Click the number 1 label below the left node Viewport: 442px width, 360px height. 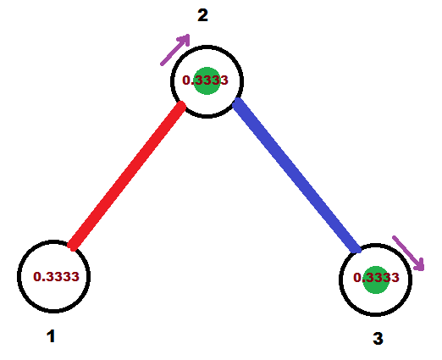tap(51, 336)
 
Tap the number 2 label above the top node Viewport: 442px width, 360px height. tap(203, 15)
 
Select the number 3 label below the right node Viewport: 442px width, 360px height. tap(378, 338)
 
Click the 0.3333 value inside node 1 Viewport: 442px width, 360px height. tap(56, 277)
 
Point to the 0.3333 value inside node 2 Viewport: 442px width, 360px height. tap(205, 80)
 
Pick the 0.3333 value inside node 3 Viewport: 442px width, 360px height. tap(376, 278)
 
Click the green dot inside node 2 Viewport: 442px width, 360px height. tap(207, 80)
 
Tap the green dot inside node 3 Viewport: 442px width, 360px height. tap(376, 280)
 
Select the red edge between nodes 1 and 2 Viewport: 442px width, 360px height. tap(127, 176)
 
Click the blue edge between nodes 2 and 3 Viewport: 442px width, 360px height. tap(297, 175)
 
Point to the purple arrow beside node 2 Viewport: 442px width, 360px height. tap(175, 50)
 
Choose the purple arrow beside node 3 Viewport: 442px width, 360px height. tap(408, 253)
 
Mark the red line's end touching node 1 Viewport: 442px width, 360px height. tap(72, 246)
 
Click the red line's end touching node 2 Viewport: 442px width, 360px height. tap(182, 105)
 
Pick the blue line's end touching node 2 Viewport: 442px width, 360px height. tap(236, 102)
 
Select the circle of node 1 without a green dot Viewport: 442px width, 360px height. tap(18, 276)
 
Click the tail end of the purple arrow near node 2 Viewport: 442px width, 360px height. tap(162, 64)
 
